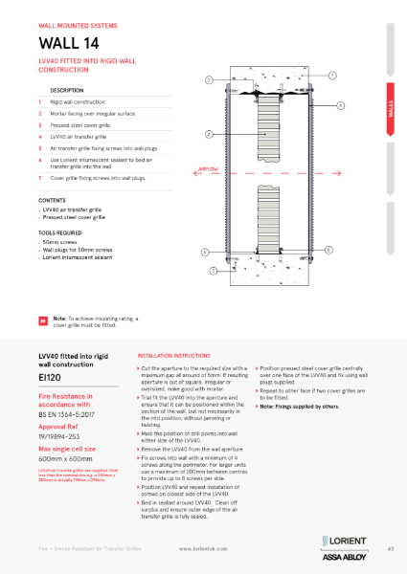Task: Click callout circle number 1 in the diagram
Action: click(x=331, y=75)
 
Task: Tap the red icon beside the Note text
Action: click(x=42, y=320)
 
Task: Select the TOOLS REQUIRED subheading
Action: click(x=60, y=232)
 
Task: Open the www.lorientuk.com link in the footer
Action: click(x=202, y=549)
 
